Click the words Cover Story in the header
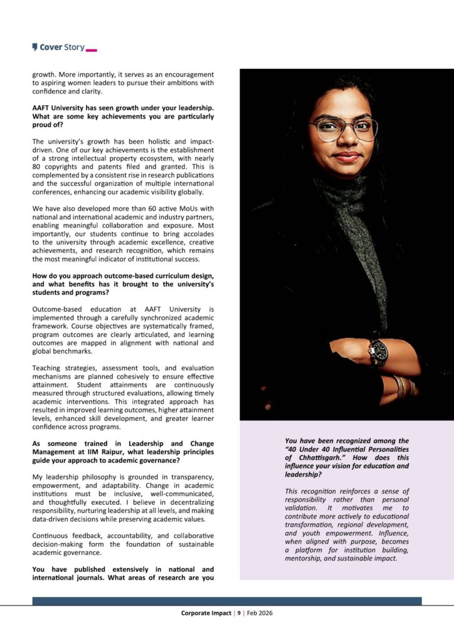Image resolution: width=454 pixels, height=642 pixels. (x=62, y=47)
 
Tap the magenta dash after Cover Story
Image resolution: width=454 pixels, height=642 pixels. (x=91, y=49)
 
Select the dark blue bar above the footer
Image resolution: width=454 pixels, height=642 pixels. (x=227, y=601)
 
